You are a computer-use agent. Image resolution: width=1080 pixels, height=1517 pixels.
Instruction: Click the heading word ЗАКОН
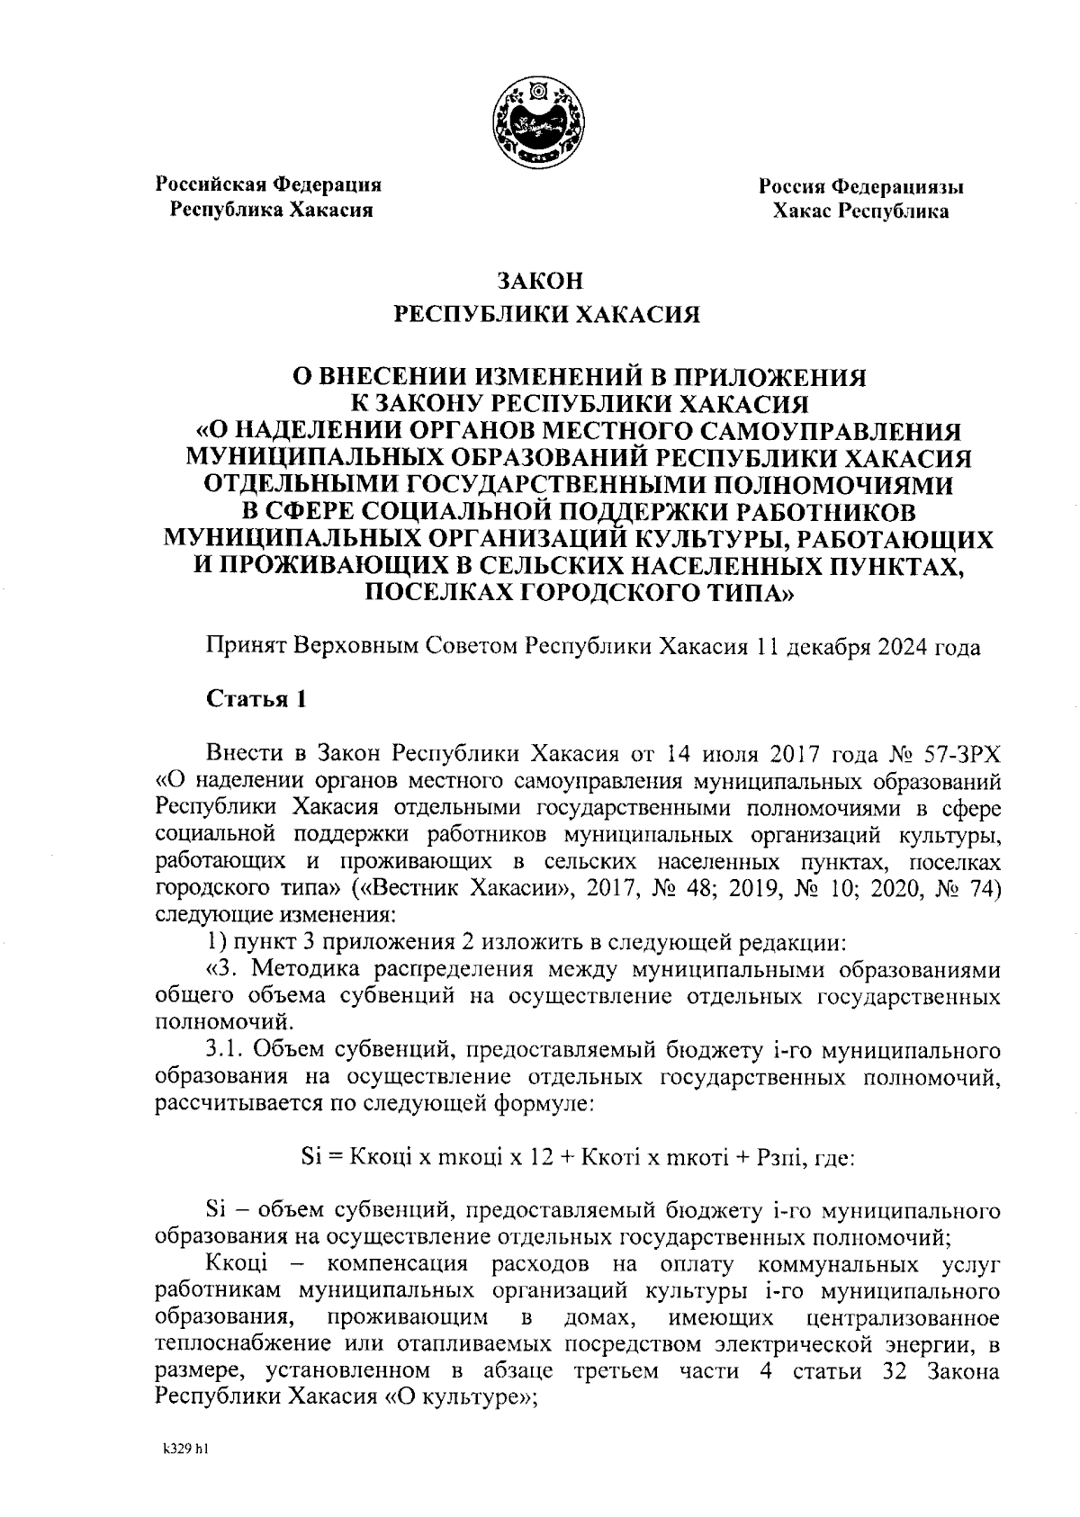(541, 281)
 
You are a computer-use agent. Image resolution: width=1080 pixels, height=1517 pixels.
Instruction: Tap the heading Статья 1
(257, 699)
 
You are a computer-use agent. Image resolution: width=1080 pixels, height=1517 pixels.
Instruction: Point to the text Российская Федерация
(269, 184)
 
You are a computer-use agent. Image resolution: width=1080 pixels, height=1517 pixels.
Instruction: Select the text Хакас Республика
(860, 211)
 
